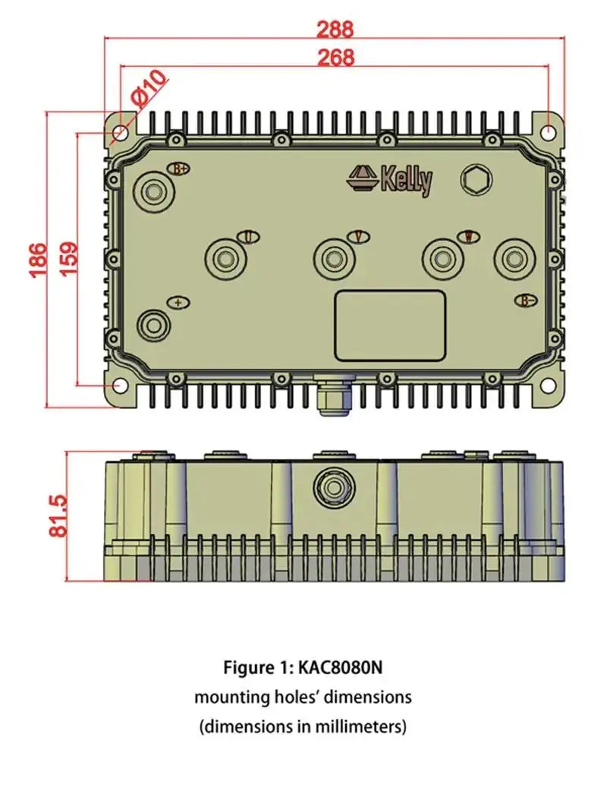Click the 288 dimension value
335,30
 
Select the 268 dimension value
335,57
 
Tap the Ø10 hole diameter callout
147,87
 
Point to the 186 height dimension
39,260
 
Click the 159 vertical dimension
67,260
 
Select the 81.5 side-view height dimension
59,517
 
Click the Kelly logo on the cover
391,180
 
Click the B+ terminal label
180,168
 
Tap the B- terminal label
527,301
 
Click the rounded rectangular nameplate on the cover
390,325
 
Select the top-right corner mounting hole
548,131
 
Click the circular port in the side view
331,486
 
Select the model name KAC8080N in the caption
341,668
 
